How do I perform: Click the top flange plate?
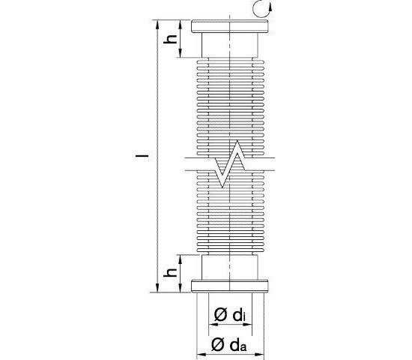pos(230,26)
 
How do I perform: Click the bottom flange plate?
pos(230,286)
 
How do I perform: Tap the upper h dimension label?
pos(170,39)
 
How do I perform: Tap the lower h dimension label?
pos(170,272)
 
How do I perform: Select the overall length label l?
pos(142,156)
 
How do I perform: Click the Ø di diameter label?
pos(230,315)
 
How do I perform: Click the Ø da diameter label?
pos(228,345)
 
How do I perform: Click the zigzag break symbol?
pos(230,164)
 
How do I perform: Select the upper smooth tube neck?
pos(230,45)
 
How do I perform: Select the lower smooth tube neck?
pos(230,267)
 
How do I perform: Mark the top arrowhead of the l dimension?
pos(157,24)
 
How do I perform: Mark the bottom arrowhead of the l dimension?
pos(157,288)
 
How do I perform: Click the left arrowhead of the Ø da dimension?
pos(201,355)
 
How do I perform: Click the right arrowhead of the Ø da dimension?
pos(259,355)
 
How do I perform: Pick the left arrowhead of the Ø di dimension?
pos(213,325)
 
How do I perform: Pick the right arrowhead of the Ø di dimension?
pos(247,325)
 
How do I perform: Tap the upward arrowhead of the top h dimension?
pos(181,25)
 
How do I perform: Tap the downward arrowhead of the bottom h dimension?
pos(181,288)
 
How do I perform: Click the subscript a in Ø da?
pos(243,347)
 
